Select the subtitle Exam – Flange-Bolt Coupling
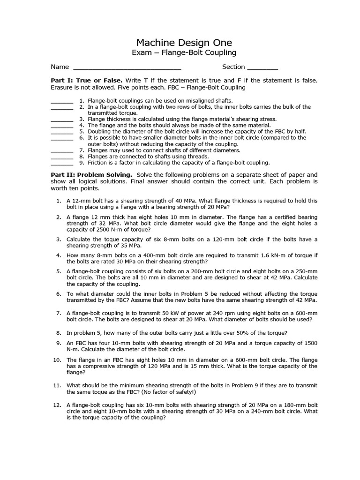(184, 53)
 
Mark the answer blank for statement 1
(62, 101)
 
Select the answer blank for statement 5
(62, 132)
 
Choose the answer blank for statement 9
(62, 163)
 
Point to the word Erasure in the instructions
(63, 88)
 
